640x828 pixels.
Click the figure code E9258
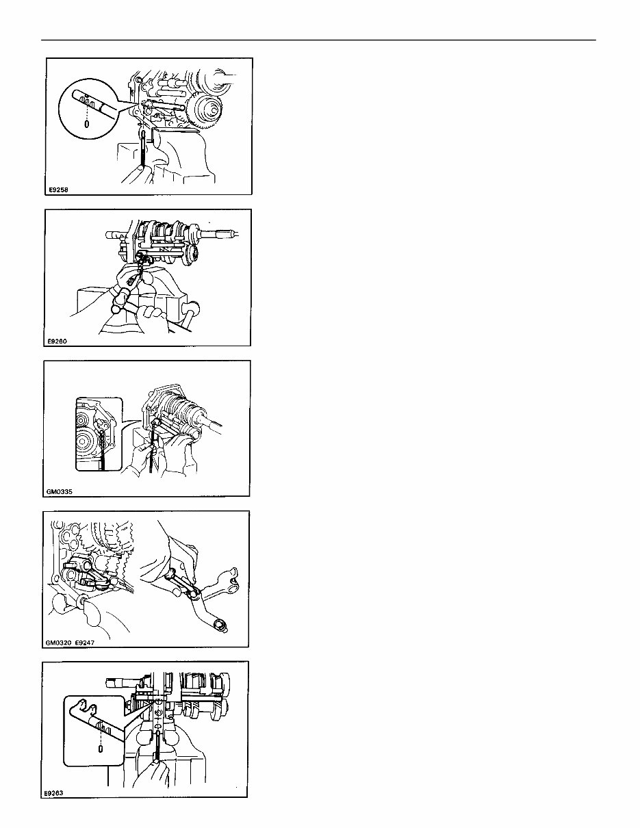tap(58, 190)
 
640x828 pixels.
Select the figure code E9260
tap(57, 341)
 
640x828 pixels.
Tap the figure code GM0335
tap(59, 491)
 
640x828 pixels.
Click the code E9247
tap(84, 643)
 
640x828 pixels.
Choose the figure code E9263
tap(53, 793)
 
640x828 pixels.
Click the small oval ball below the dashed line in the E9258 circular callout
tap(87, 124)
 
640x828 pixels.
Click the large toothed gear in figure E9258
tap(203, 108)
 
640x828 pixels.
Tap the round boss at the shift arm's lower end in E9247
tap(220, 625)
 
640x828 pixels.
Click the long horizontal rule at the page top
tap(318, 40)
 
